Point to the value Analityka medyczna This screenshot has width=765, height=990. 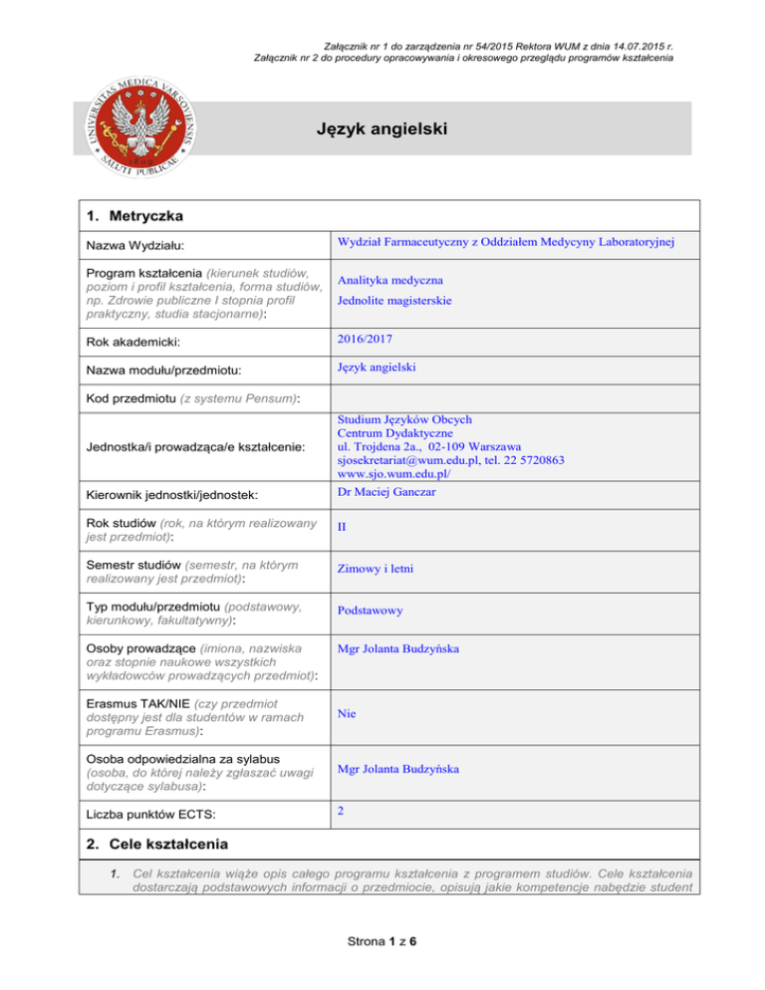389,282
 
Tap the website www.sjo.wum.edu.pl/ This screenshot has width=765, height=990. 395,476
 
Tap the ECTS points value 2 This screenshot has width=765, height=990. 341,811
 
